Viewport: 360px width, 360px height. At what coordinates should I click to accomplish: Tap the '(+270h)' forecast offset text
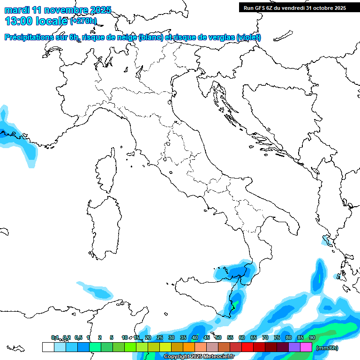(83, 21)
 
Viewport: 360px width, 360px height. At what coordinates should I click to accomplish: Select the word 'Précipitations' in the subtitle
(33, 37)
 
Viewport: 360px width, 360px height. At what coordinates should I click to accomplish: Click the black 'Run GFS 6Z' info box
(294, 7)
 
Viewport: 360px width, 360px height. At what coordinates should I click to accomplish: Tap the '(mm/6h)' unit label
(327, 348)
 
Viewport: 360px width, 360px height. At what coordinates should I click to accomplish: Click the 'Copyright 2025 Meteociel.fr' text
(199, 357)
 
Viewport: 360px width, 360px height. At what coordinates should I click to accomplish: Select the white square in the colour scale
(48, 347)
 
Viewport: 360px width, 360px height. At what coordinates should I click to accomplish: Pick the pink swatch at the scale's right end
(306, 347)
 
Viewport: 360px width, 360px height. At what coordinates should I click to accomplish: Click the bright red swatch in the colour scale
(247, 347)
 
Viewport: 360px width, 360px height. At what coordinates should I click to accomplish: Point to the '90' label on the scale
(312, 338)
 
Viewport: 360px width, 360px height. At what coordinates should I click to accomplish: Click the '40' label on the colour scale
(195, 338)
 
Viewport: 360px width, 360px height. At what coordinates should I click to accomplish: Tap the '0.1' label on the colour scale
(55, 338)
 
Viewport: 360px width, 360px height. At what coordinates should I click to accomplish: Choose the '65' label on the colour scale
(253, 338)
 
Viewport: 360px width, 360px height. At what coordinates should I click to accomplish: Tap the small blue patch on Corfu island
(325, 242)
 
